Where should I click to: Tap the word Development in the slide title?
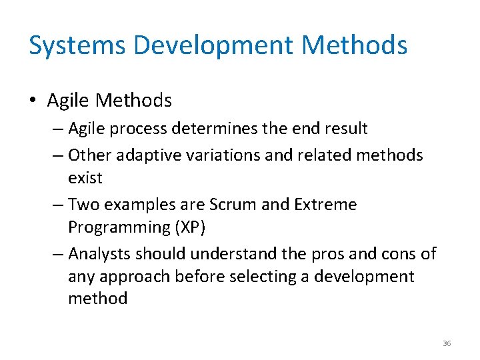pos(213,45)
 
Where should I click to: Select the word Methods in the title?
pos(355,45)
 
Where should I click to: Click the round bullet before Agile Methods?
pos(33,101)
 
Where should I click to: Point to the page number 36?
pos(447,343)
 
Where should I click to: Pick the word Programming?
pos(118,227)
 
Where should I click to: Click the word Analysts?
pos(99,254)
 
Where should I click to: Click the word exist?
pos(85,178)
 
